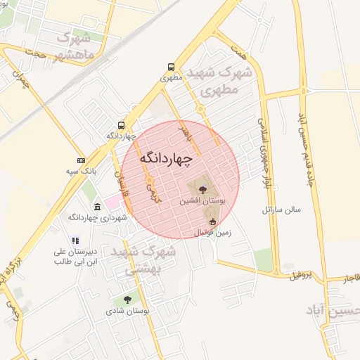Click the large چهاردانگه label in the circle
pos(165,159)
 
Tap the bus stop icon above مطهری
pos(171,67)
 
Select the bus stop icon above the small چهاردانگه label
pos(122,124)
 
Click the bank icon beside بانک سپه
pos(81,160)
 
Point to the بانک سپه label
pos(81,171)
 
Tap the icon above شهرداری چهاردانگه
pos(96,207)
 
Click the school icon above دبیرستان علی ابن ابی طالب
pos(75,240)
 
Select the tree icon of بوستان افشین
pos(202,188)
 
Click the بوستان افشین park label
pos(202,201)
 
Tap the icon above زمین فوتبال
pos(212,222)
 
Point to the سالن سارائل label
pos(281,210)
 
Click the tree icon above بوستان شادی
pos(127,300)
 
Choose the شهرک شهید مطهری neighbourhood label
pos(226,81)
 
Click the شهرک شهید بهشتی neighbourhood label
pos(149,259)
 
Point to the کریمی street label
pos(153,191)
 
